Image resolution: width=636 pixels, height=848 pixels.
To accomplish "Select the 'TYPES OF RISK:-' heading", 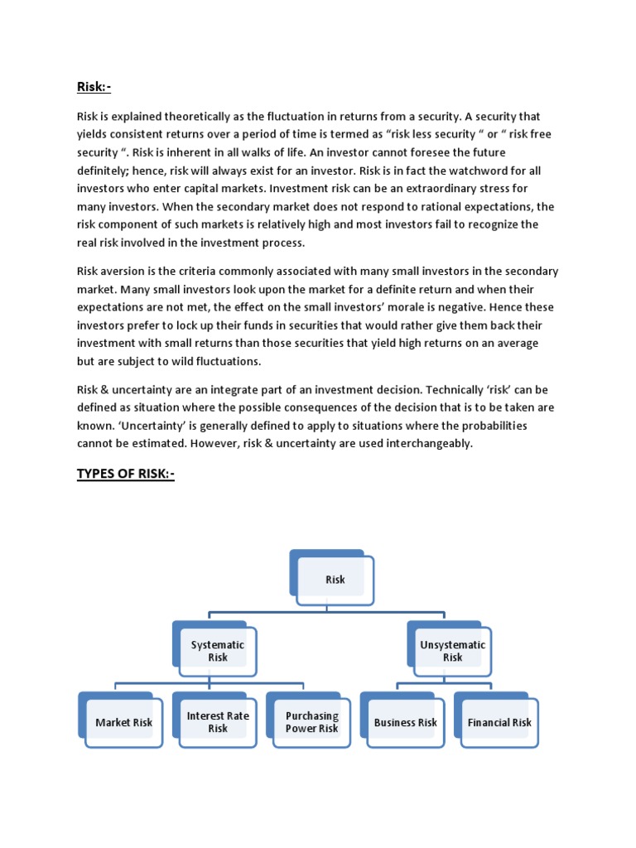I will pos(126,474).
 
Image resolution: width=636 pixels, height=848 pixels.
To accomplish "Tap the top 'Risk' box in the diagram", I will pos(335,579).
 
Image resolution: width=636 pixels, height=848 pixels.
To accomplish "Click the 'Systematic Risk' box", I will pos(218,651).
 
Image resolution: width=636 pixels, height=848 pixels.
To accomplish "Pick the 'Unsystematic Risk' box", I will pos(452,651).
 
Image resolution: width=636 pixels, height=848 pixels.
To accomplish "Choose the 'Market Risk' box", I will pos(124,722).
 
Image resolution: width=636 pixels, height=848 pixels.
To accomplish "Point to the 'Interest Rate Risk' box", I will pos(218,722).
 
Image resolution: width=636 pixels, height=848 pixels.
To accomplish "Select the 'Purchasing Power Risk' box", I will pos(311,722).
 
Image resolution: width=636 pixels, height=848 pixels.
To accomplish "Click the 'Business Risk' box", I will pos(405,722).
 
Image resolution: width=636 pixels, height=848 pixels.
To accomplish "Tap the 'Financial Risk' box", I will pos(499,722).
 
